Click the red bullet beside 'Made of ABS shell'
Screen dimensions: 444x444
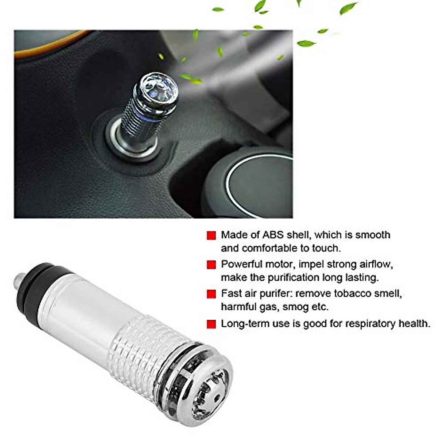pyautogui.click(x=211, y=236)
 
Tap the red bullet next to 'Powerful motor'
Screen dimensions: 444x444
pyautogui.click(x=211, y=265)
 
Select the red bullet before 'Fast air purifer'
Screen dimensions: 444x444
pyautogui.click(x=211, y=294)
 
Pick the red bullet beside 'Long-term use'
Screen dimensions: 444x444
pyautogui.click(x=211, y=324)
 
